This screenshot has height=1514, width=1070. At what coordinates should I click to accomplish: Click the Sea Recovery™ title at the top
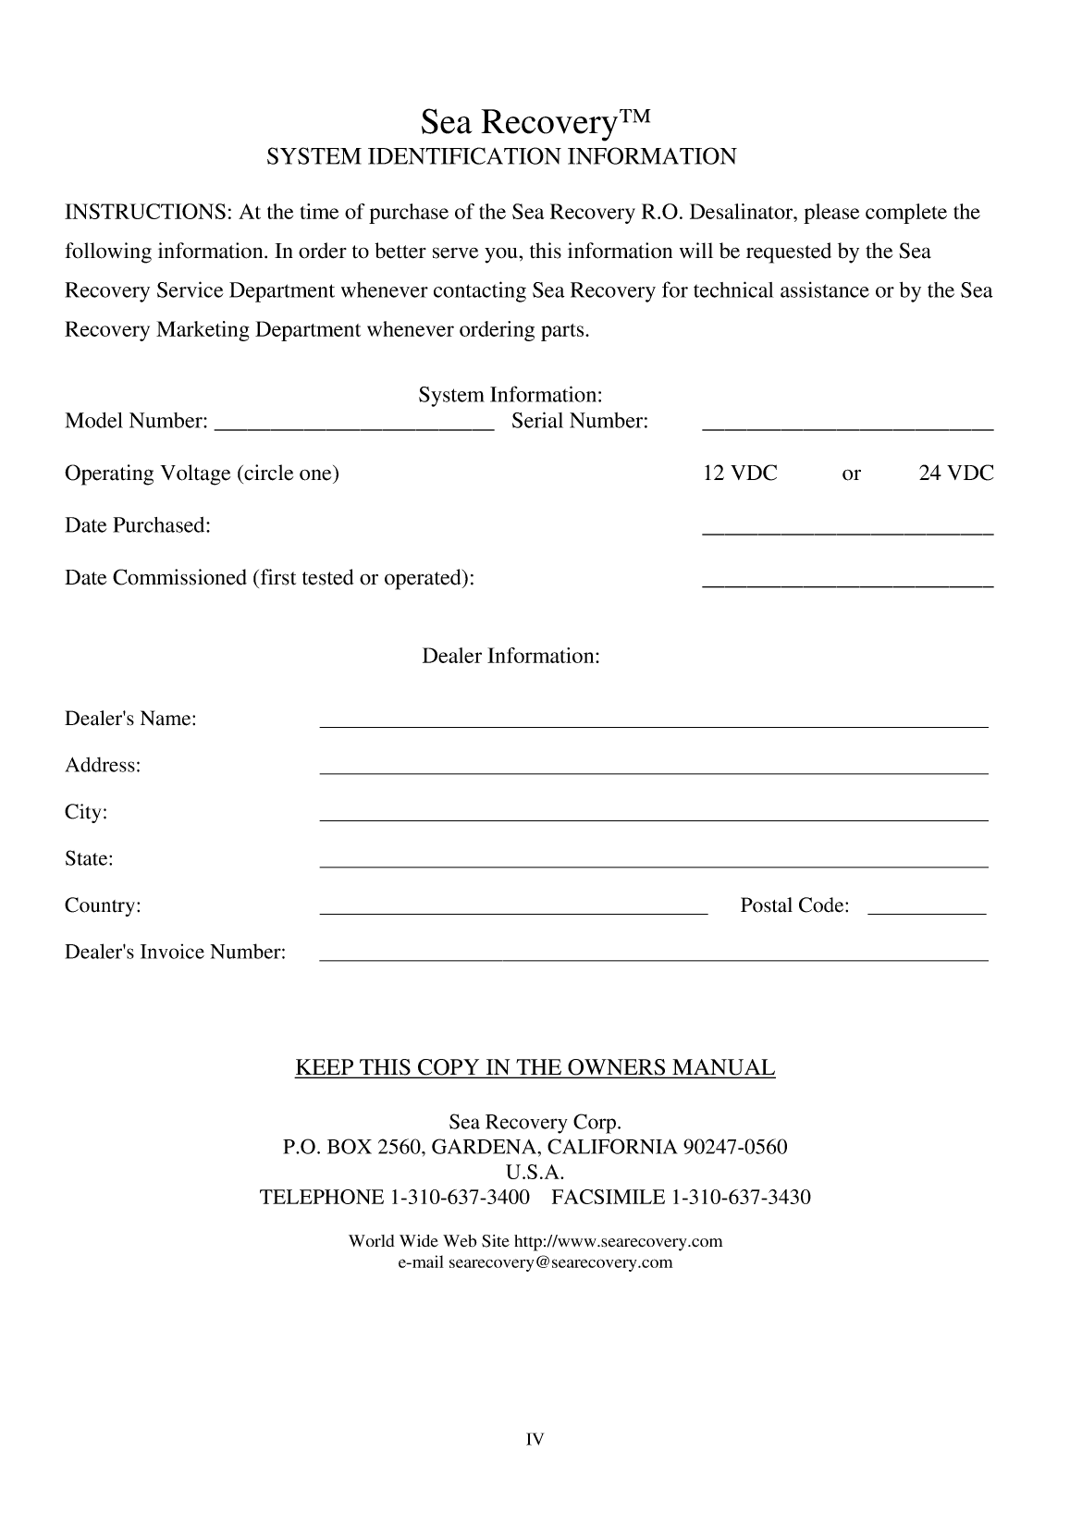click(535, 121)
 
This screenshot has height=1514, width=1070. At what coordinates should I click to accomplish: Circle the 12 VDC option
click(740, 474)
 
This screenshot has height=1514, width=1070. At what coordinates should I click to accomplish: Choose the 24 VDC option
click(955, 474)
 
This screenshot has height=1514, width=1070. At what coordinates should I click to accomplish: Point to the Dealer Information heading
click(510, 657)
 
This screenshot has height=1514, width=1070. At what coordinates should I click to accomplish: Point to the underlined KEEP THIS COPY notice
click(535, 1068)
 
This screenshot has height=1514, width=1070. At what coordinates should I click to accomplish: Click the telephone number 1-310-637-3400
click(461, 1198)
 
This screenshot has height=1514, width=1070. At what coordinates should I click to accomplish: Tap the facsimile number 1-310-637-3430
click(740, 1198)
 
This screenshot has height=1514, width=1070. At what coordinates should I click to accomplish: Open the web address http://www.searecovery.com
click(618, 1241)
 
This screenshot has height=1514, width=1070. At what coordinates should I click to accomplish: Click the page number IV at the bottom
click(535, 1439)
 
